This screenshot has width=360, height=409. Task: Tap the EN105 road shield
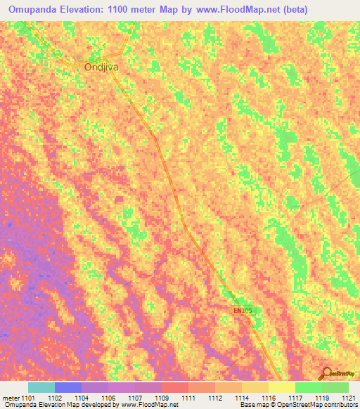(x=241, y=309)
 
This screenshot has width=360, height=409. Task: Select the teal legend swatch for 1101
(x=41, y=387)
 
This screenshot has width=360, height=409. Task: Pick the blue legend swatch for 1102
(x=68, y=387)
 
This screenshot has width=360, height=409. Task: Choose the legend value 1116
(x=268, y=397)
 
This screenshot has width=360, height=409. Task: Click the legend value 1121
(x=348, y=397)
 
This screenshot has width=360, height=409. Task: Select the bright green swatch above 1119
(x=308, y=387)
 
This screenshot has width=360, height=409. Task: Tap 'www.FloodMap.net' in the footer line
(x=148, y=405)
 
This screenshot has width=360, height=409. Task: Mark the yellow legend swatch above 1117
(x=281, y=387)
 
